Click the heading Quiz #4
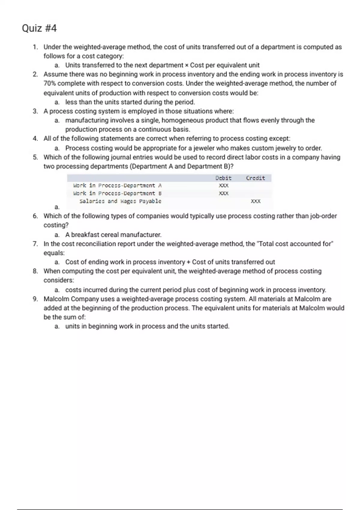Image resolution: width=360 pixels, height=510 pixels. (39, 28)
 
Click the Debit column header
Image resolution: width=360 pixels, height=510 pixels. (223, 178)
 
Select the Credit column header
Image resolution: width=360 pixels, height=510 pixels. (255, 178)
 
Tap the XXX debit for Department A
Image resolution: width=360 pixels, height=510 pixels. (224, 186)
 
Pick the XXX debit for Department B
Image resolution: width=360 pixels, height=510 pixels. (224, 193)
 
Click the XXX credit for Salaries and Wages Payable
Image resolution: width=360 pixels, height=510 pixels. (256, 201)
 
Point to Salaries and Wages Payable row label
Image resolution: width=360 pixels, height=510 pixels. (120, 201)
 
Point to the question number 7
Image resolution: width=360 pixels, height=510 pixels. (35, 244)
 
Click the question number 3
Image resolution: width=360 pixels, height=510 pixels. (35, 111)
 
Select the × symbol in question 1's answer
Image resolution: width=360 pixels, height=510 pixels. (187, 65)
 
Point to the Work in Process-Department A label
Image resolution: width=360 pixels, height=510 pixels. (117, 186)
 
